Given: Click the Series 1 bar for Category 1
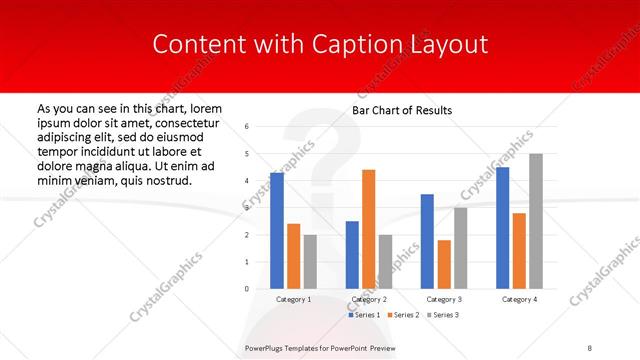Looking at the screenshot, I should click(x=277, y=231).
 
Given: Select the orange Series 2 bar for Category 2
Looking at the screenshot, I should click(x=368, y=229).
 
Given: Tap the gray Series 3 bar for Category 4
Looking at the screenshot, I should click(x=536, y=221).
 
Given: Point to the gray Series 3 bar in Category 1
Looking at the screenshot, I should click(x=309, y=262).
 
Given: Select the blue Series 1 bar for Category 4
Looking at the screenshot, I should click(x=502, y=228).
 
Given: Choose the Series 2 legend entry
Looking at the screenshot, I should click(x=405, y=315).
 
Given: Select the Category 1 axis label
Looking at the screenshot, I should click(x=293, y=299).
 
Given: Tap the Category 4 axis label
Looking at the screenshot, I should click(x=519, y=299).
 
